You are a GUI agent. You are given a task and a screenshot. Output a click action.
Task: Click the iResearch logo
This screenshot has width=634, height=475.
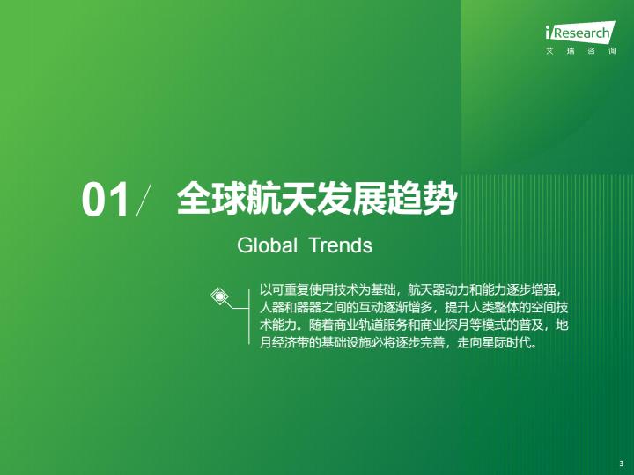[580, 31]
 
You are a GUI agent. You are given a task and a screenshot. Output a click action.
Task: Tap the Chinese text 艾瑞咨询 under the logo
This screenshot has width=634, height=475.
[580, 51]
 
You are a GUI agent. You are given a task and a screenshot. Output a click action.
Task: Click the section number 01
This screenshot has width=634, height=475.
[106, 201]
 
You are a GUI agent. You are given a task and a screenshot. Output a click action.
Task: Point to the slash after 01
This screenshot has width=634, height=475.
[144, 200]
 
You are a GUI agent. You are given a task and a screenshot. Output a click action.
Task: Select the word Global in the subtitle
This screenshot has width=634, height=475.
[268, 245]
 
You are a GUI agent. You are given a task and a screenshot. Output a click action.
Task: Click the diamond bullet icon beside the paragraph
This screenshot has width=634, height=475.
[220, 297]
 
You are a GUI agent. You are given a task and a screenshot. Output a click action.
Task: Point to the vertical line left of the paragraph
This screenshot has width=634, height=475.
[249, 317]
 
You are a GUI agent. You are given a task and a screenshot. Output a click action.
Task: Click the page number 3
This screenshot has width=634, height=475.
[621, 464]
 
